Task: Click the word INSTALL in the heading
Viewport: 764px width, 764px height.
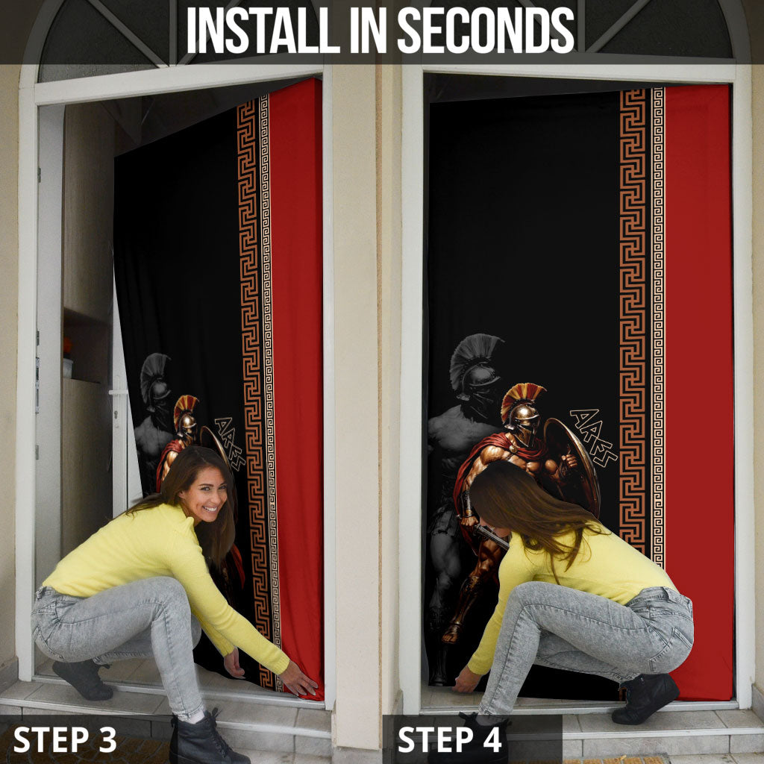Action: pyautogui.click(x=263, y=30)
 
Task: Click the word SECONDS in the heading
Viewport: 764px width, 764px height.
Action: pyautogui.click(x=486, y=30)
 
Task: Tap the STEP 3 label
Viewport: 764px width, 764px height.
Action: pyautogui.click(x=65, y=739)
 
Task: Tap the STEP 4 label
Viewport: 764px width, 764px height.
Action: pyautogui.click(x=449, y=739)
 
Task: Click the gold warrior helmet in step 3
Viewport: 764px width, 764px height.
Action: pyautogui.click(x=186, y=415)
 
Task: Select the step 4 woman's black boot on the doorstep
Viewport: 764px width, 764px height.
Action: pyautogui.click(x=645, y=698)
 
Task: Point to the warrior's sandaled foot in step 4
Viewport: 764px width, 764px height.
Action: pyautogui.click(x=451, y=633)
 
